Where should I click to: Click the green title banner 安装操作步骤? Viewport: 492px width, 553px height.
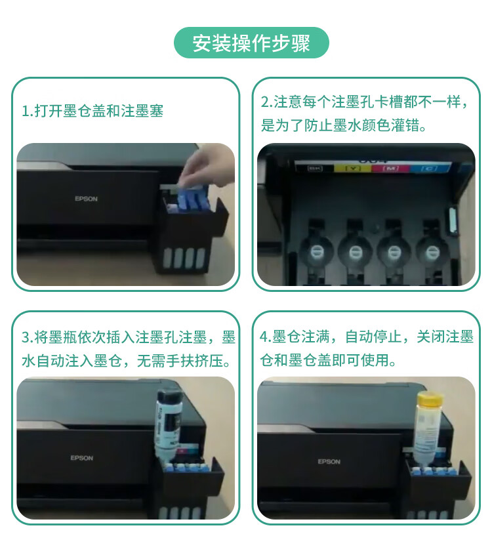pyautogui.click(x=251, y=43)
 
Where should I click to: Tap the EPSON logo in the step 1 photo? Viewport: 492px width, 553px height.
pyautogui.click(x=85, y=199)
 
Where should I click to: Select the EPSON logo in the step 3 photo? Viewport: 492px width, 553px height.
pyautogui.click(x=82, y=458)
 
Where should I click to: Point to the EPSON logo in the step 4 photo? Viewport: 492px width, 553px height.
pyautogui.click(x=329, y=462)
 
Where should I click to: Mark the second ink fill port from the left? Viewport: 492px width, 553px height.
pyautogui.click(x=355, y=251)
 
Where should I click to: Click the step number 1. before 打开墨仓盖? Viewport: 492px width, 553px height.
pyautogui.click(x=27, y=112)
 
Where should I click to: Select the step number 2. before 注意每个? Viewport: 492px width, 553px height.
pyautogui.click(x=266, y=102)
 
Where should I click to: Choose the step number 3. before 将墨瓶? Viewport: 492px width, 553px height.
pyautogui.click(x=27, y=338)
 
